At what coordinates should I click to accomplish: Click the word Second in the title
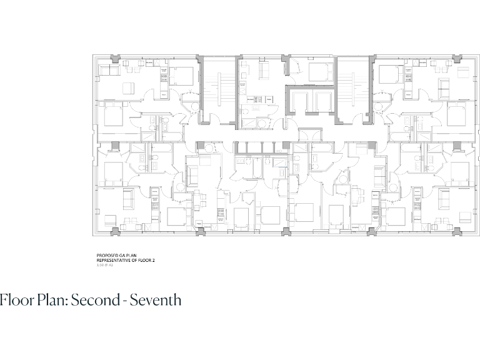pos(95,300)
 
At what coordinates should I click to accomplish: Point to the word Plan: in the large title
pos(51,300)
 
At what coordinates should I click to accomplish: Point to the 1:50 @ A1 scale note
pos(105,265)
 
